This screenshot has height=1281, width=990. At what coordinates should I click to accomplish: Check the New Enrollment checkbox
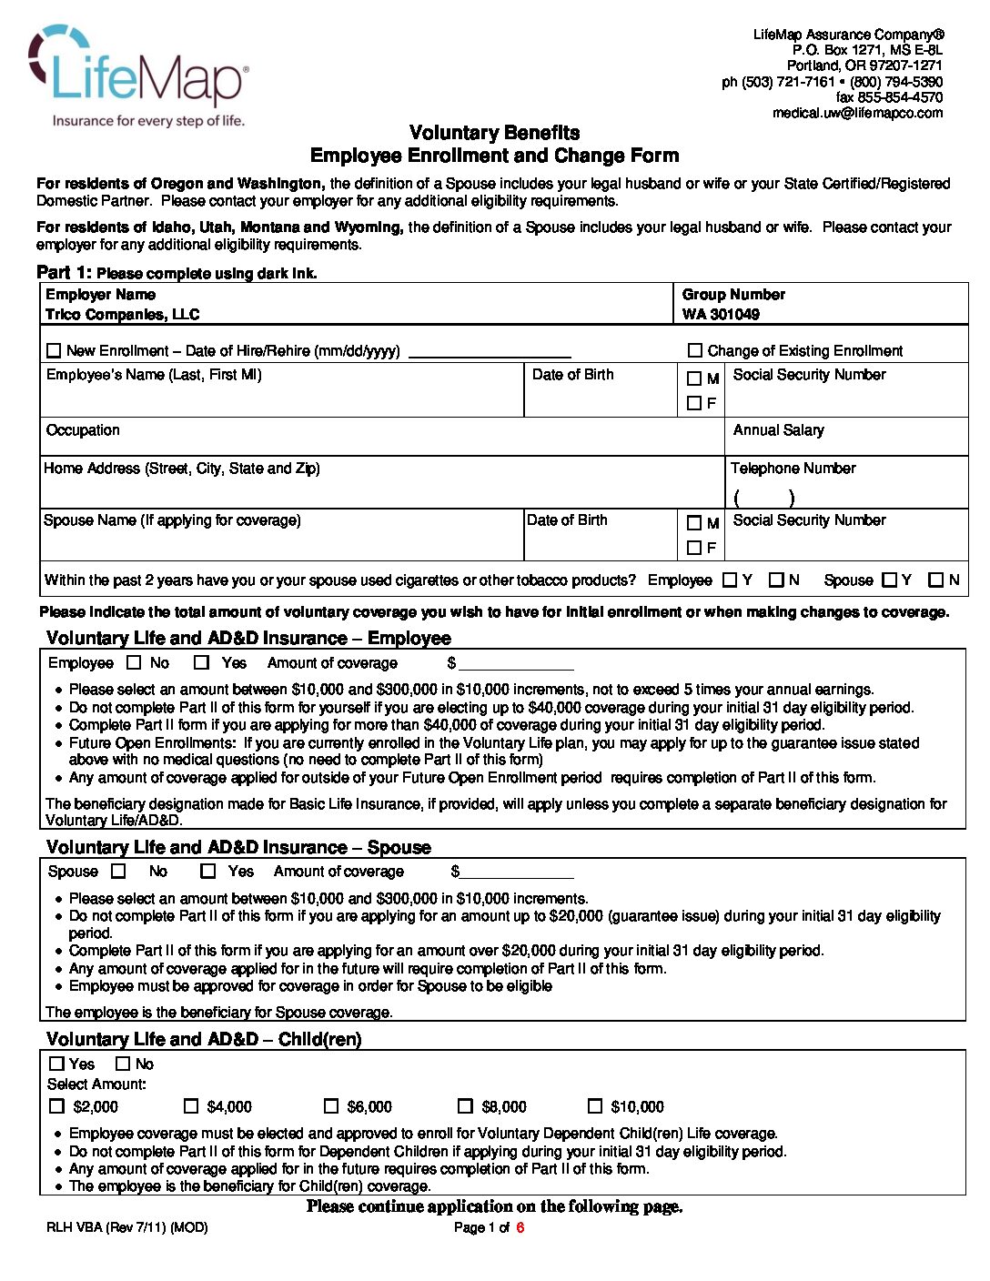click(x=54, y=350)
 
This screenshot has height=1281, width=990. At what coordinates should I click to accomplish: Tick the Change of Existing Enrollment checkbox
click(x=695, y=350)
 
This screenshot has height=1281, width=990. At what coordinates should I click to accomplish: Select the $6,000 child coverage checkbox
click(x=331, y=1106)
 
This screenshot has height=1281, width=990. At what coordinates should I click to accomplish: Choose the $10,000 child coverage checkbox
click(x=595, y=1106)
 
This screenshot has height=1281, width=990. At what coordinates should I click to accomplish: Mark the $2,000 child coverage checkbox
click(x=56, y=1106)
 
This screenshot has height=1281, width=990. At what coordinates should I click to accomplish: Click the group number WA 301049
click(x=721, y=315)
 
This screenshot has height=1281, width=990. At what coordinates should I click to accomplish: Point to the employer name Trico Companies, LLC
click(x=122, y=315)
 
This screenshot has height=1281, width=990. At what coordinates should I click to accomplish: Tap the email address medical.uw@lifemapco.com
click(x=857, y=113)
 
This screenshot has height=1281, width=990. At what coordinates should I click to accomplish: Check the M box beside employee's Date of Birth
click(x=694, y=378)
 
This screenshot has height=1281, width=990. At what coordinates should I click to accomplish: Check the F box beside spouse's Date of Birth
click(x=694, y=548)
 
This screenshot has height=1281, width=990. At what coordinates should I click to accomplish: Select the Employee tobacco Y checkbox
click(x=730, y=580)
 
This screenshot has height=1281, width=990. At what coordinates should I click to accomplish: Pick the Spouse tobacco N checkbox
click(x=935, y=580)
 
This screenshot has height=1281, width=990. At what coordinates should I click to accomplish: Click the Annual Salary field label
click(x=778, y=429)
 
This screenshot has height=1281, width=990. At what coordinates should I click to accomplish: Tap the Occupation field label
click(x=83, y=429)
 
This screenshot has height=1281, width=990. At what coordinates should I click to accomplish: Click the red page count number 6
click(x=520, y=1227)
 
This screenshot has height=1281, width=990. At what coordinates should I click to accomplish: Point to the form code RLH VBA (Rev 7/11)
click(x=126, y=1227)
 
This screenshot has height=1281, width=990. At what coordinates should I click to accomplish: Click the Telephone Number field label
click(x=793, y=468)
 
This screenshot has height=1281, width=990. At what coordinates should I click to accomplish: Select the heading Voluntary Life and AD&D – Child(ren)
click(x=204, y=1039)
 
